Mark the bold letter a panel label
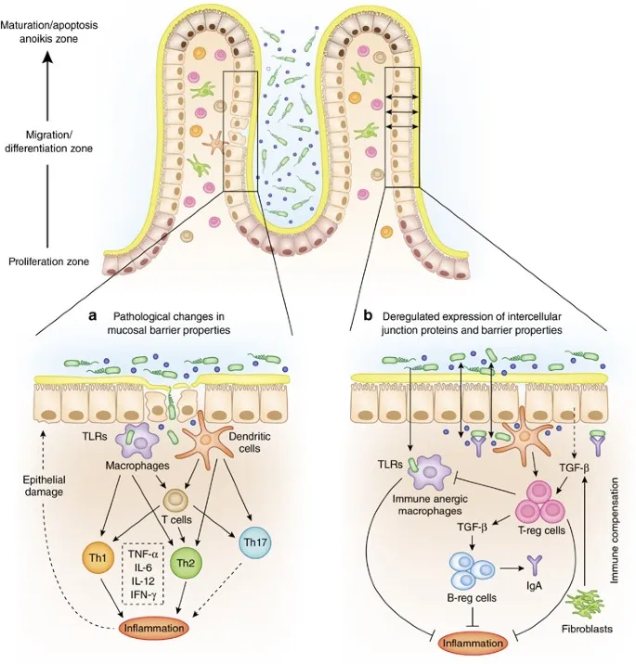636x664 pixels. point(93,316)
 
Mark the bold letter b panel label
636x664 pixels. point(369,316)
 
